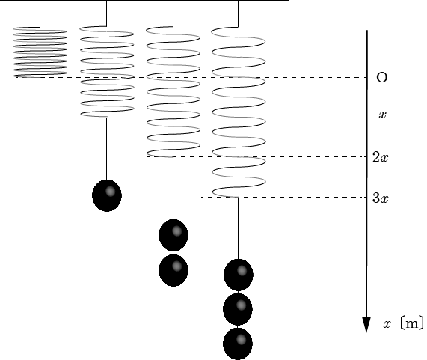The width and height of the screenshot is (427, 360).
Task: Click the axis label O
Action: [382, 77]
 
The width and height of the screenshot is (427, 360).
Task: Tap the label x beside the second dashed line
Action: [383, 115]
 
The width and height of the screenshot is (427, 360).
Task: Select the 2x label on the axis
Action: [381, 157]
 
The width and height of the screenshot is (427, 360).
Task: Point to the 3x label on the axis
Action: [381, 198]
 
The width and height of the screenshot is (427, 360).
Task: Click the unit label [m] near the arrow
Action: [412, 323]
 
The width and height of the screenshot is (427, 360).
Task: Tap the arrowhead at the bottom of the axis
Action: [366, 325]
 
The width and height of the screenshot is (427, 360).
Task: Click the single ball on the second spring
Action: [107, 195]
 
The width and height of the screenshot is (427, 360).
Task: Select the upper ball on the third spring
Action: [173, 235]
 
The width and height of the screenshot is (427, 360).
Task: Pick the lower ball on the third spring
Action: [173, 270]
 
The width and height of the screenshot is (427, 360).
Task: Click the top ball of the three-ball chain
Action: [239, 275]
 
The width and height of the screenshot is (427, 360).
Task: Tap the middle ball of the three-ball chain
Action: [238, 309]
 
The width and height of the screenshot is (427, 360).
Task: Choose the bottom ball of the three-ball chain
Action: [238, 344]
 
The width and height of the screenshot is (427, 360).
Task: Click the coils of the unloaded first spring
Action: [40, 52]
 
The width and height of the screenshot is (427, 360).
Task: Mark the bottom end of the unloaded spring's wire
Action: [40, 140]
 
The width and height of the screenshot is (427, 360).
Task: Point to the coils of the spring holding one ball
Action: [107, 72]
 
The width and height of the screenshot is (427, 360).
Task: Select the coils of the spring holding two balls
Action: [173, 91]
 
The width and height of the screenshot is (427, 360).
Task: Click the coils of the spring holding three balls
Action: [239, 112]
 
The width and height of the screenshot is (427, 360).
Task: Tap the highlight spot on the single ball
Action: [110, 192]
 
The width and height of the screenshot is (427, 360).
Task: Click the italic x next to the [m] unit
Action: [387, 324]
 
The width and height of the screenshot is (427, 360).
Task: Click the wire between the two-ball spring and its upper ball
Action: [173, 188]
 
